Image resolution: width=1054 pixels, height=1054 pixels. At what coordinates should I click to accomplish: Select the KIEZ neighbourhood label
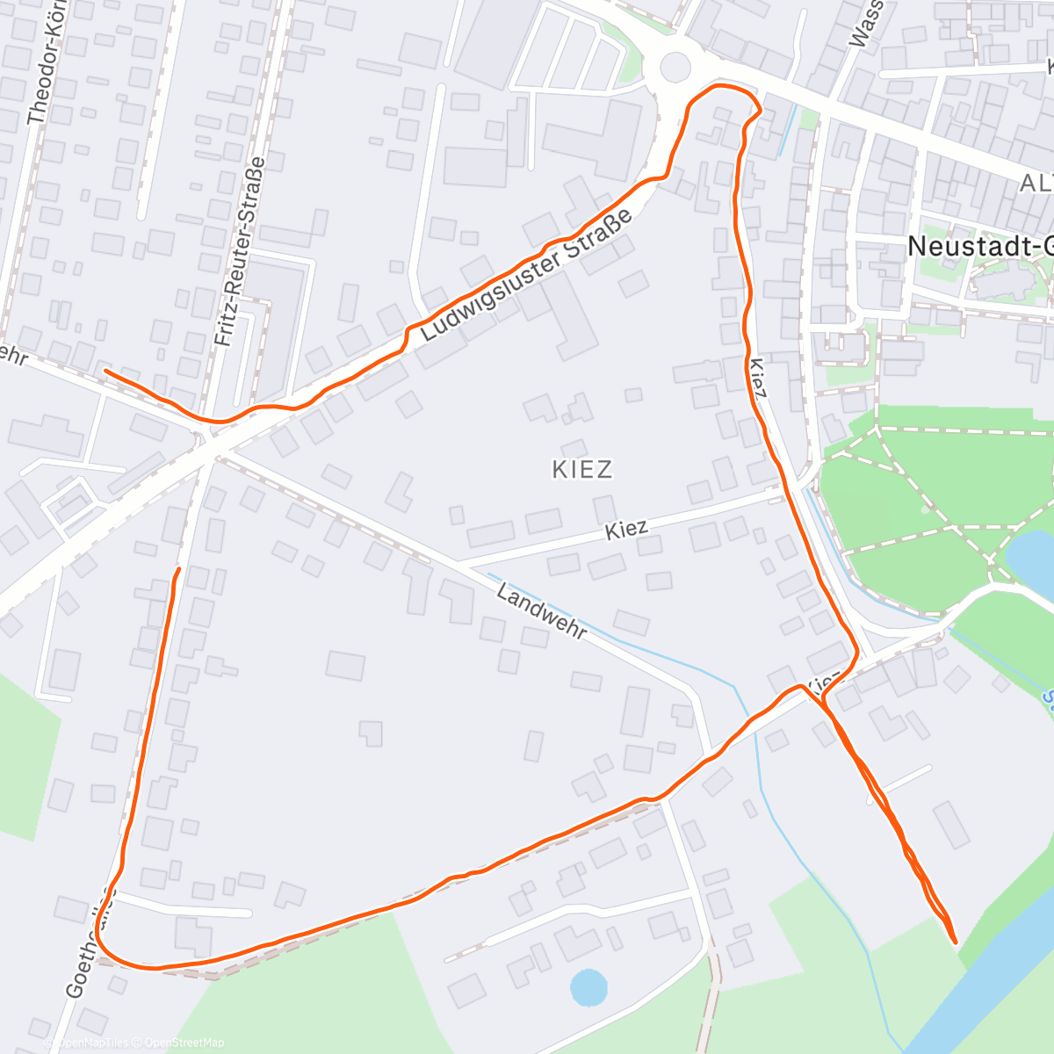[582, 469]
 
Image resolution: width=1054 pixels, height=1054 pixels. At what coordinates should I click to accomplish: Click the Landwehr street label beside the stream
[540, 611]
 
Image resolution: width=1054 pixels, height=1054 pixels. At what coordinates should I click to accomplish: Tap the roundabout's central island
[675, 67]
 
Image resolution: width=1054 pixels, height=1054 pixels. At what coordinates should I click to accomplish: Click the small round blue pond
[588, 986]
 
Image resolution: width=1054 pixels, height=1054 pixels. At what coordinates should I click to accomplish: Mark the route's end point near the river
[955, 942]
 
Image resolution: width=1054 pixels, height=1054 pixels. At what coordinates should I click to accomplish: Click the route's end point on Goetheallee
[178, 570]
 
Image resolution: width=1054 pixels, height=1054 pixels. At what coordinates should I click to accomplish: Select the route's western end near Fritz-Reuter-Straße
[106, 371]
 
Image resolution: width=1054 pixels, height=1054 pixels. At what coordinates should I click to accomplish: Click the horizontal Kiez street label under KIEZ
[626, 530]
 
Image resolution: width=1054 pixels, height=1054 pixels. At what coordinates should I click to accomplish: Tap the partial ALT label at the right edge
[1036, 184]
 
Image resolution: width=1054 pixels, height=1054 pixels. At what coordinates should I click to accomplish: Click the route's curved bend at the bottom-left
[110, 953]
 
